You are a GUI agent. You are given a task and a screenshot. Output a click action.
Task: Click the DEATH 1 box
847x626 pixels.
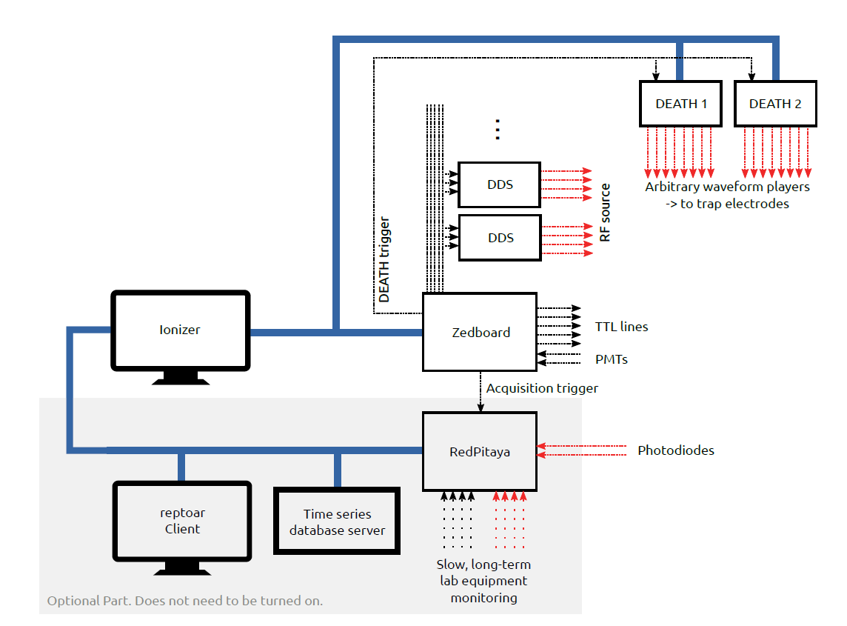point(680,104)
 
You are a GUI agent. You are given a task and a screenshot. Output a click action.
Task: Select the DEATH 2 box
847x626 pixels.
point(775,104)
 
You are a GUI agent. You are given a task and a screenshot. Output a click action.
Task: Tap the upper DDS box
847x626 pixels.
point(500,184)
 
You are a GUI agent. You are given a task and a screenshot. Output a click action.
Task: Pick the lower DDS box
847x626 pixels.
point(500,238)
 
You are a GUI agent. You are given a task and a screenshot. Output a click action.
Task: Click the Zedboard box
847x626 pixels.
point(480,332)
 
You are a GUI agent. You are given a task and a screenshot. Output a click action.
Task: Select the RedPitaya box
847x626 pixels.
point(480,451)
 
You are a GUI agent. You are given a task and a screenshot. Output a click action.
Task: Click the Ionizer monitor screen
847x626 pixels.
point(181,330)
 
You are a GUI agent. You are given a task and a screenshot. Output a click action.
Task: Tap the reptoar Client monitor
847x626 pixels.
point(182,522)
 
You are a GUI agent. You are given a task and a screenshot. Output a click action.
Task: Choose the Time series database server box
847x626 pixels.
point(337,522)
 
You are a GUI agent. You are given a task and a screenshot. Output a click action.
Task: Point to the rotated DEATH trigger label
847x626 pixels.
point(384,260)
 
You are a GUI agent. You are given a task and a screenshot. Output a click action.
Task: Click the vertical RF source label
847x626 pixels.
point(605,213)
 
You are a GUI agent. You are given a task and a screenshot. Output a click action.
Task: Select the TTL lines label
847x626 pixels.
point(621,326)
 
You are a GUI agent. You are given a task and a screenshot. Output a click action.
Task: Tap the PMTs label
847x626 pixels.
point(612,359)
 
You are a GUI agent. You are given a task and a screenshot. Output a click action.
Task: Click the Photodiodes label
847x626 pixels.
point(675,450)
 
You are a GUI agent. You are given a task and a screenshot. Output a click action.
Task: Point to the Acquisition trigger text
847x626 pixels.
point(542,388)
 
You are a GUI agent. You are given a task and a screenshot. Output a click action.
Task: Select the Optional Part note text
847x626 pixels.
point(185,600)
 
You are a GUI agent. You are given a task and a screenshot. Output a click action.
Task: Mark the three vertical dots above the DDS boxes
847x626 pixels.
point(498,130)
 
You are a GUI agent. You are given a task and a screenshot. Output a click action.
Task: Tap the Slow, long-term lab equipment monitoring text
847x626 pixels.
point(484,581)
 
